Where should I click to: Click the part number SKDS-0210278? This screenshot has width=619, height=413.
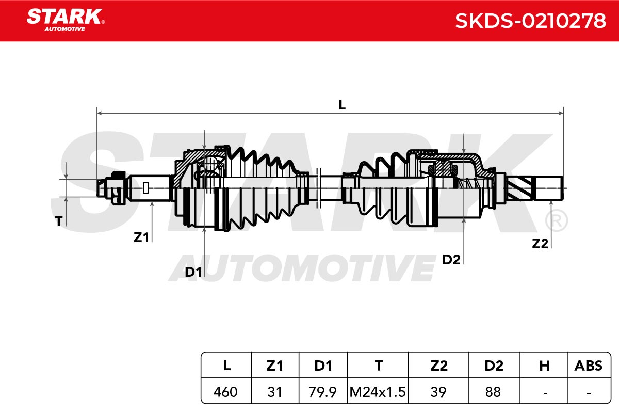[530, 21]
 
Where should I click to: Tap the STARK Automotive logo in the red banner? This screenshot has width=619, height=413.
[66, 20]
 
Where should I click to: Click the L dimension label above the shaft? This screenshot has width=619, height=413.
[342, 105]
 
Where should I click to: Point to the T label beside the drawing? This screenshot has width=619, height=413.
[59, 221]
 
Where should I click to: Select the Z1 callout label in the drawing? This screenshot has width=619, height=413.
[141, 237]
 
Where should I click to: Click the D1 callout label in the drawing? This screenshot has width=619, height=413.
[193, 272]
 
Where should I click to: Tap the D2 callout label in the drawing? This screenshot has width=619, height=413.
[451, 260]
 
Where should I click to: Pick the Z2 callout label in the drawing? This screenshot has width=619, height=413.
[540, 244]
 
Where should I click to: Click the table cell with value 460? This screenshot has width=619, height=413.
[225, 392]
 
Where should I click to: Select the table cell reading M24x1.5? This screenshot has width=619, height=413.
[378, 392]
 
